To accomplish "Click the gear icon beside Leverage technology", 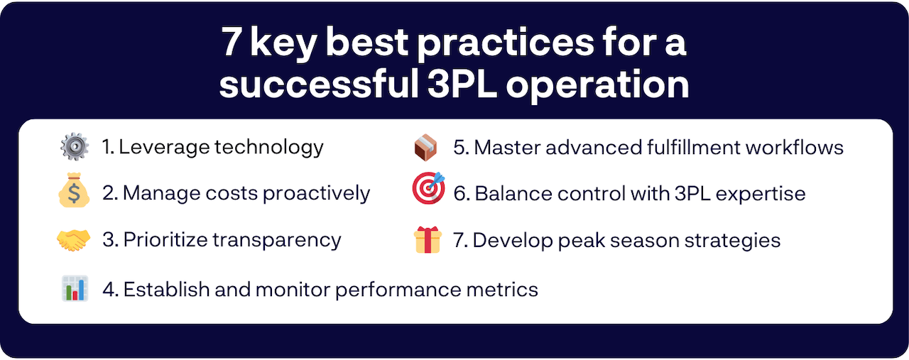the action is [x=75, y=146].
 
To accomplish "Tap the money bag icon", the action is [x=74, y=190].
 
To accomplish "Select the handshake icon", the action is [x=73, y=240].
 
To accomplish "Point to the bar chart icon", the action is [x=75, y=288].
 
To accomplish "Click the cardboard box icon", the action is [x=425, y=147].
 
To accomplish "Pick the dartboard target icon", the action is [x=428, y=188].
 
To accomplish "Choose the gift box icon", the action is [x=428, y=240].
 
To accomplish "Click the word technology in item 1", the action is [x=269, y=148].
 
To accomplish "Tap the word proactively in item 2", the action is [x=317, y=194].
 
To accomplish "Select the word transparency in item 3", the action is [x=277, y=240].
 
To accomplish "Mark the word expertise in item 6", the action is [x=761, y=194].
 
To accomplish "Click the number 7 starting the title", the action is [x=231, y=42].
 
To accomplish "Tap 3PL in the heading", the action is [x=462, y=84].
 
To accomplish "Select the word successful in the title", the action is [x=319, y=83].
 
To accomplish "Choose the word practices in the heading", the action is [x=506, y=43].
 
